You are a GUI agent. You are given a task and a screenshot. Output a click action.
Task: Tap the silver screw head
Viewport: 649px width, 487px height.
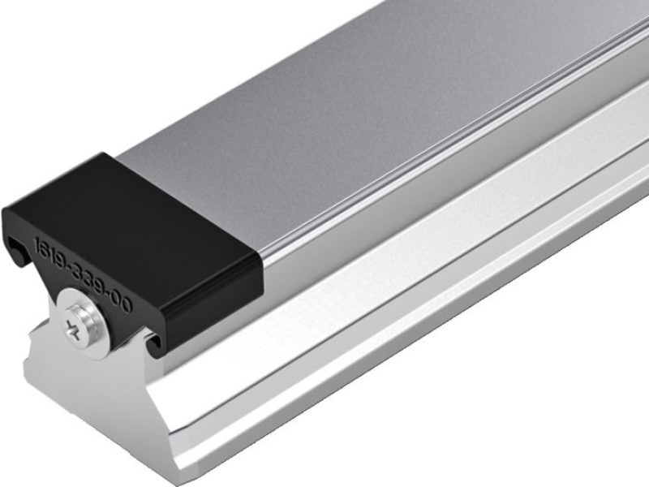coord(80,325)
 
